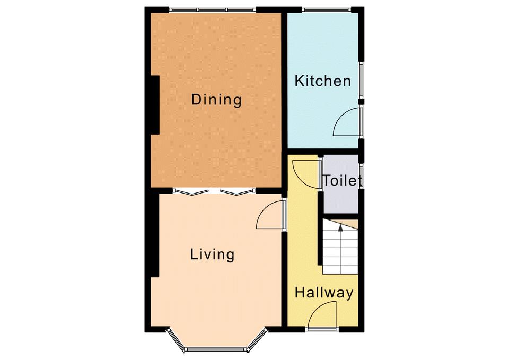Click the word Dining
coord(216,100)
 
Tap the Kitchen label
coord(323,81)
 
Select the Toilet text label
coord(342,180)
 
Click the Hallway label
coord(324,293)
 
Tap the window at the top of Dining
coord(213,10)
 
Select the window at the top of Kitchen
coord(327,10)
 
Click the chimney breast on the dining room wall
coord(155,105)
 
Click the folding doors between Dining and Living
coord(214,192)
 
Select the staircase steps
coord(340,247)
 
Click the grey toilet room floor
coord(340,184)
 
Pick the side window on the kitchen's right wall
coord(361,80)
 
